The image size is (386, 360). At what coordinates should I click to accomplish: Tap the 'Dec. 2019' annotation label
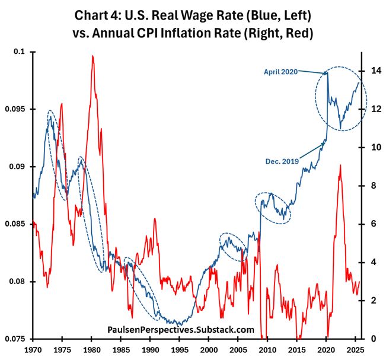[x=282, y=160]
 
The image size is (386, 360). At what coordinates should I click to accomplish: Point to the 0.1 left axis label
[x=21, y=52]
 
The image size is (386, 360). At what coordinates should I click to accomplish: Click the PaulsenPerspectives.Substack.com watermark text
[x=181, y=330]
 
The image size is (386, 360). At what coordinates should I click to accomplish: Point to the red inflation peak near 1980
[x=92, y=56]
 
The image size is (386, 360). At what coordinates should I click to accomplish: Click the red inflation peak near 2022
[x=340, y=165]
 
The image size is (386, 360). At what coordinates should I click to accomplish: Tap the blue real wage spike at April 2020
[x=327, y=72]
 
